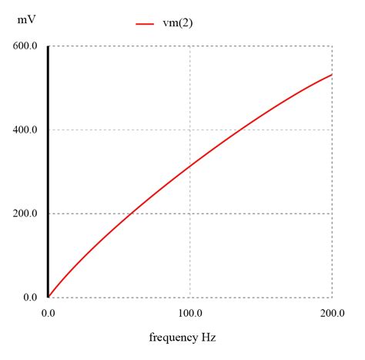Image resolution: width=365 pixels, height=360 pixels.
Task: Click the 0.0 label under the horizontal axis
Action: [48, 313]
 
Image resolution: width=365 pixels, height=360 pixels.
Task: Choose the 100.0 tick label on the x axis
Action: [189, 313]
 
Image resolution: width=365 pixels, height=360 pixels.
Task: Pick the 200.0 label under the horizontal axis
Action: [332, 313]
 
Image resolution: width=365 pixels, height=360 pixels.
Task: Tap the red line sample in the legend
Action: [146, 24]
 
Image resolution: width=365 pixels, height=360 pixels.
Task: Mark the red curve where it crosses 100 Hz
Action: [190, 167]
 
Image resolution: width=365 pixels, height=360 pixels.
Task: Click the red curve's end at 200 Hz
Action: [332, 75]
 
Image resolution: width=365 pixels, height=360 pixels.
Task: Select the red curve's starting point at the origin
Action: [49, 297]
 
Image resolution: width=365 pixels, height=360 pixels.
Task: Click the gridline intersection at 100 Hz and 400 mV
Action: [190, 130]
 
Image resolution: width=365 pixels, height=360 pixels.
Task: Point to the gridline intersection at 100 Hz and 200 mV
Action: [190, 214]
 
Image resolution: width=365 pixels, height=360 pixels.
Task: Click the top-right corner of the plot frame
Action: [332, 46]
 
